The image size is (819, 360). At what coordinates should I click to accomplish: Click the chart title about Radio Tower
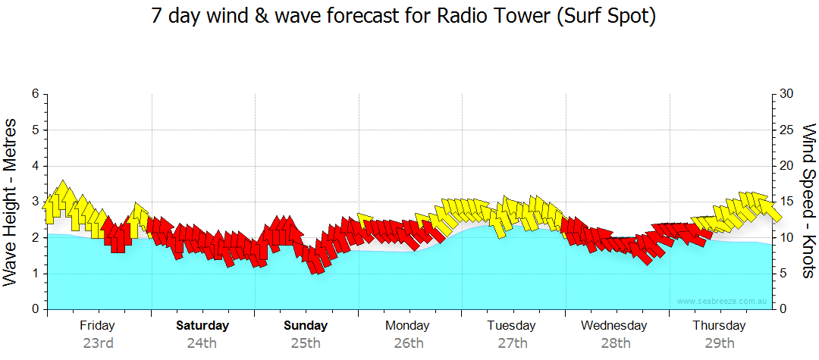tap(403, 17)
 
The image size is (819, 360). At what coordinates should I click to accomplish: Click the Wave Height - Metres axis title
tap(11, 202)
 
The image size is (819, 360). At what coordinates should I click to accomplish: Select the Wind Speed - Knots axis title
tap(808, 202)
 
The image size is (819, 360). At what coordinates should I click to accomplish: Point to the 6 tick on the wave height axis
tap(34, 94)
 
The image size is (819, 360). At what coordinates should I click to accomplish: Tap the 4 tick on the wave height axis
tap(34, 166)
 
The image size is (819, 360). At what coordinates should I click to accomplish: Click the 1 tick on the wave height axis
tap(34, 274)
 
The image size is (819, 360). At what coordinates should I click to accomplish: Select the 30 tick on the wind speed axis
tap(787, 94)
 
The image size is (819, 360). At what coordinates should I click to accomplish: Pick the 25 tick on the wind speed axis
tap(787, 130)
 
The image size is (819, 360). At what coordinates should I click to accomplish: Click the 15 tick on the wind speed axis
tap(787, 202)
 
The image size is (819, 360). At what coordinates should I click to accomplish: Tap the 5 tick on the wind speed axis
tap(784, 274)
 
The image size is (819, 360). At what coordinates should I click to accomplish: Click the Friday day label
tap(98, 326)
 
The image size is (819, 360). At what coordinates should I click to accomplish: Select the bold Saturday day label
tap(202, 326)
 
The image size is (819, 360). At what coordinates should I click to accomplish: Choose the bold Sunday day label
tap(306, 326)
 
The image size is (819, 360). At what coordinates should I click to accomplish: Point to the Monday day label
tap(408, 326)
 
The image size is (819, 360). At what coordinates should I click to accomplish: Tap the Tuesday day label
tap(512, 326)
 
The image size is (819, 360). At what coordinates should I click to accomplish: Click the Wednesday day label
tap(614, 326)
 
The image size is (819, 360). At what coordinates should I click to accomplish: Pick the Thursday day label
tap(719, 326)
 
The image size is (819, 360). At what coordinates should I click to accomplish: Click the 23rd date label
tap(98, 343)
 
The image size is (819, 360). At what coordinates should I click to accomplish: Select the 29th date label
tap(719, 343)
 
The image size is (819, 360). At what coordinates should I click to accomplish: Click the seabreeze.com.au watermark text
tap(723, 302)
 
